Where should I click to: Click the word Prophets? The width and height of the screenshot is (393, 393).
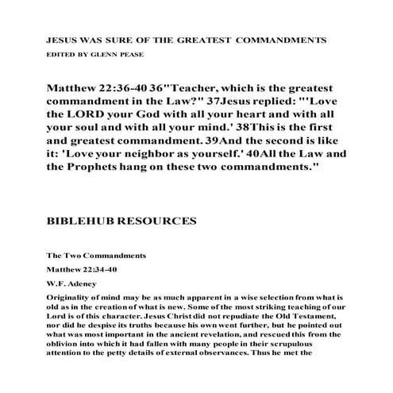[96, 177]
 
